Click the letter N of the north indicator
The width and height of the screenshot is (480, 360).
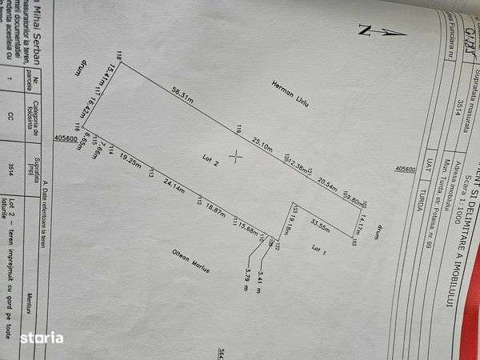click(x=363, y=31)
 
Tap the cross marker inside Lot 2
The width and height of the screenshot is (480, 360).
click(x=236, y=156)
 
